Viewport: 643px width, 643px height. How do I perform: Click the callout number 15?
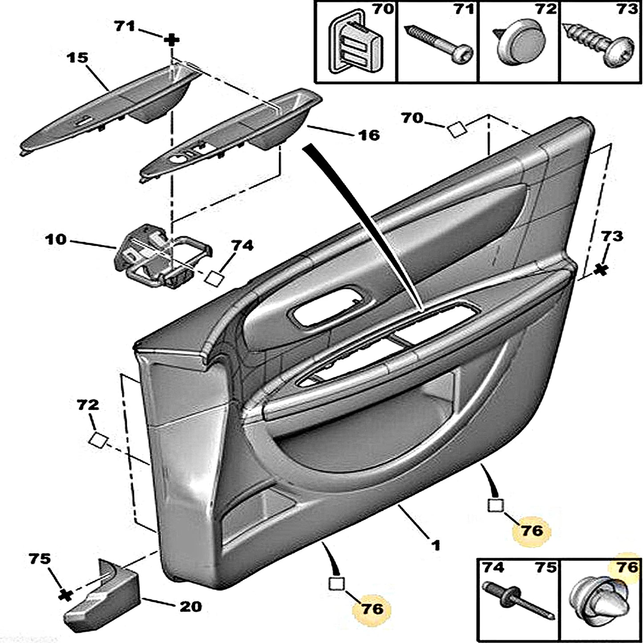(x=78, y=58)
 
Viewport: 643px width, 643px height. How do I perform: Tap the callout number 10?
(x=55, y=240)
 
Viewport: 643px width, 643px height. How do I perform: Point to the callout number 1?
(x=436, y=544)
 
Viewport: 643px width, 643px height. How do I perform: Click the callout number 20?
(x=190, y=606)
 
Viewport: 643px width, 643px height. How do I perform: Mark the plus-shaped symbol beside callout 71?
(x=171, y=40)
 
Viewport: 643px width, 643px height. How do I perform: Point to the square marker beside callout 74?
(x=215, y=279)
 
